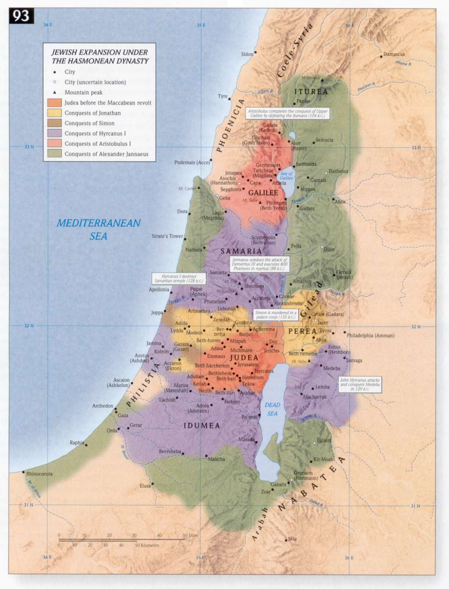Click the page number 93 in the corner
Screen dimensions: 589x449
[21, 16]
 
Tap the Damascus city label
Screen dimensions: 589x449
[394, 54]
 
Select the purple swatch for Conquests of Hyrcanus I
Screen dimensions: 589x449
[54, 134]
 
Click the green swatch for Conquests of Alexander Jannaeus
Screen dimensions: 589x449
[54, 154]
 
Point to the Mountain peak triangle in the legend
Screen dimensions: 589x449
[54, 92]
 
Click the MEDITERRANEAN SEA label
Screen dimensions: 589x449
[98, 229]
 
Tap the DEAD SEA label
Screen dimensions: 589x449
[272, 409]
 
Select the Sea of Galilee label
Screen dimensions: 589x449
[286, 176]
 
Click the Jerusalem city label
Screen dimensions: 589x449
[248, 365]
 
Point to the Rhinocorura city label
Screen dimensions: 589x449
[39, 474]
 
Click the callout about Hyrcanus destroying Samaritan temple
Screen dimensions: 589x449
[179, 279]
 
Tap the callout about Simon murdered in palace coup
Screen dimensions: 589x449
[276, 315]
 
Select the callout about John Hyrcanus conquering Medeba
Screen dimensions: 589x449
[360, 384]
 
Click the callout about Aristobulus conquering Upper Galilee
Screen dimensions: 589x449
[288, 113]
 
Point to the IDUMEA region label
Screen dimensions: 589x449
[202, 425]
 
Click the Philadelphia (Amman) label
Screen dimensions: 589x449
[370, 335]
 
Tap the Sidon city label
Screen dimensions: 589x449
[247, 54]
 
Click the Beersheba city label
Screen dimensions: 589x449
[170, 451]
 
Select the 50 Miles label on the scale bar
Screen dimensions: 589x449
[190, 535]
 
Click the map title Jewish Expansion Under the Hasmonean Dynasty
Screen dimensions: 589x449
[100, 57]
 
